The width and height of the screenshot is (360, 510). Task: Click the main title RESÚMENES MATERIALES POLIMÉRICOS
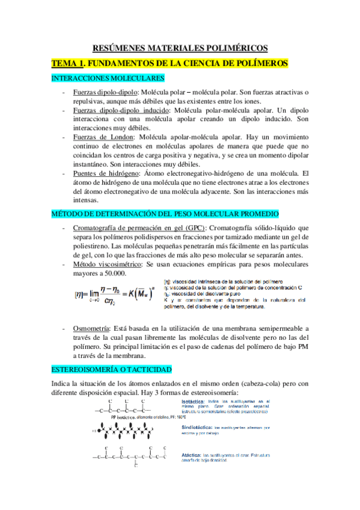tap(180, 48)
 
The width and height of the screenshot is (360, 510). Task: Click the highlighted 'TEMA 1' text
tap(70, 63)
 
